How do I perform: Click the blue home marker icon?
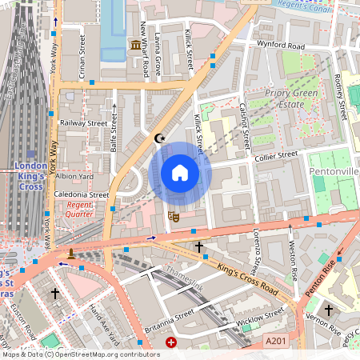(179, 173)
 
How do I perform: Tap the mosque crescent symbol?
(159, 138)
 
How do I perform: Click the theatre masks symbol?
(172, 215)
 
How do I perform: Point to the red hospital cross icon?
(170, 342)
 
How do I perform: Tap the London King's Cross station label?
(30, 176)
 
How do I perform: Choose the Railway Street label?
(84, 124)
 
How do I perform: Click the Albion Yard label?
(75, 176)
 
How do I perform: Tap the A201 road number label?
(275, 341)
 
